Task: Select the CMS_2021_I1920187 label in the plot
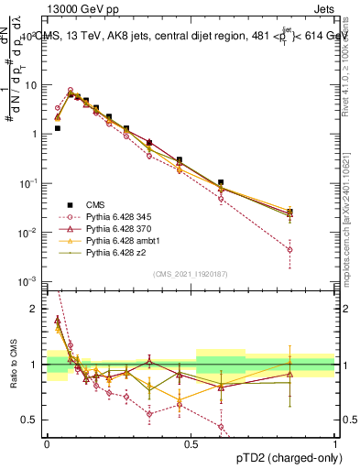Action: (191, 274)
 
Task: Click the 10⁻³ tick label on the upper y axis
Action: (30, 281)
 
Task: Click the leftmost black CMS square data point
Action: (58, 128)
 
